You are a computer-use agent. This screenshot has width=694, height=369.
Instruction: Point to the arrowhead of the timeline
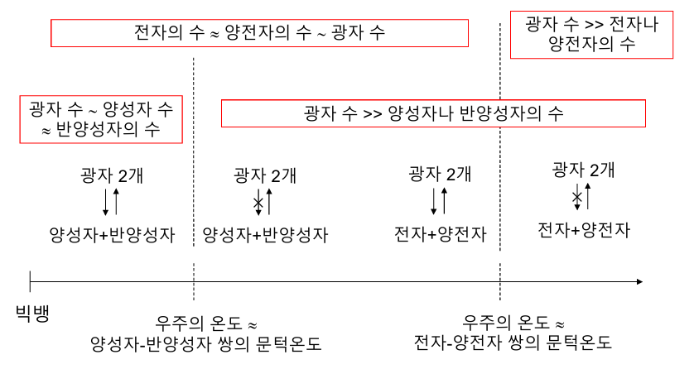[x=639, y=282]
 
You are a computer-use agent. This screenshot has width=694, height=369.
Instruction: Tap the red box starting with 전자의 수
[x=260, y=33]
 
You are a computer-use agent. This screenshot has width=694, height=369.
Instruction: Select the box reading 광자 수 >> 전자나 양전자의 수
[x=591, y=34]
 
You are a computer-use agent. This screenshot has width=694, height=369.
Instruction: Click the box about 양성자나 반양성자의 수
[x=433, y=113]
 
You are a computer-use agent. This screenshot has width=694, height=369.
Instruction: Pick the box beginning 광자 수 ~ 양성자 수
[x=100, y=119]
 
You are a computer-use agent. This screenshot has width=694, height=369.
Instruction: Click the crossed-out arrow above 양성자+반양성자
[x=259, y=202]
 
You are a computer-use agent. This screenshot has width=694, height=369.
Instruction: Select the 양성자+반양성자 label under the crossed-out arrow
[x=265, y=235]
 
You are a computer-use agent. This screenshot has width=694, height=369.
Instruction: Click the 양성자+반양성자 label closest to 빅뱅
[x=112, y=235]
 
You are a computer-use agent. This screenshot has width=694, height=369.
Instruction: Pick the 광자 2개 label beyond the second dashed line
[x=584, y=170]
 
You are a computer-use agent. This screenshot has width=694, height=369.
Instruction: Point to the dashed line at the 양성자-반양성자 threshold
[x=193, y=165]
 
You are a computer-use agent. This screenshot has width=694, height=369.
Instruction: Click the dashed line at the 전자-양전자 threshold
[x=500, y=165]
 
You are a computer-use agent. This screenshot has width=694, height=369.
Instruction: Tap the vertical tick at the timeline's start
[x=30, y=282]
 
